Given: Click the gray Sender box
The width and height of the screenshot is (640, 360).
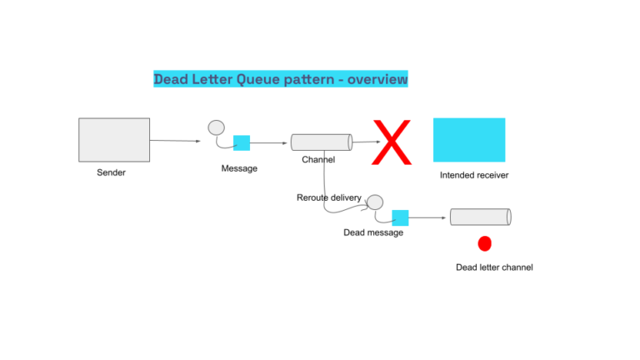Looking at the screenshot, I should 114,139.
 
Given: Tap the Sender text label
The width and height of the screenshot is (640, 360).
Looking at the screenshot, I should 111,172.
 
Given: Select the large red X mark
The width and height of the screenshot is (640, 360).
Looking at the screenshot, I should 392,142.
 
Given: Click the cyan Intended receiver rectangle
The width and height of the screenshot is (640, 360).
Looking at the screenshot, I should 468,139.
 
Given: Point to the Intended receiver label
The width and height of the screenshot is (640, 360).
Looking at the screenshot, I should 473,176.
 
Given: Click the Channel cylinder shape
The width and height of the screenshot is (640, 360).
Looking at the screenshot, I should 321,142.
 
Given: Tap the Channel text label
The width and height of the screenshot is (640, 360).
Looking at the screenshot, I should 318,159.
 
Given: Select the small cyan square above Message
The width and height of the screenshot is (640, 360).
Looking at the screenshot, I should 242,142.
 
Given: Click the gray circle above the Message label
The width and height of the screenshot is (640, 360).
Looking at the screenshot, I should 216,127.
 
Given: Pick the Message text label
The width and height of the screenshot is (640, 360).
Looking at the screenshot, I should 239,168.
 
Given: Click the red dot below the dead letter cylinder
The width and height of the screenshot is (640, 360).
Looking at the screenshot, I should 484,243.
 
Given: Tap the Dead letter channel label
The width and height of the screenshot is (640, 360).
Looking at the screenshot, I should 493,267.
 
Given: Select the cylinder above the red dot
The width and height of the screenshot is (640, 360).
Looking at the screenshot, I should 480,217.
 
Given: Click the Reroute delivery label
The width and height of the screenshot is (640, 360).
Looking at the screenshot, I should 328,197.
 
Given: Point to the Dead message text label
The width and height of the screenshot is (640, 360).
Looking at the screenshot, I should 372,232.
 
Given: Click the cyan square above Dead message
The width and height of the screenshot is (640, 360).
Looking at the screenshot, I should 400,217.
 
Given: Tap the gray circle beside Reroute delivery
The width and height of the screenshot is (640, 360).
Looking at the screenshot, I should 375,202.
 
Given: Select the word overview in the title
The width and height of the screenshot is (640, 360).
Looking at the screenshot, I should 377,79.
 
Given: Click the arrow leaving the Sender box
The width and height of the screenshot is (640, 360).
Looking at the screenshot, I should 175,141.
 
